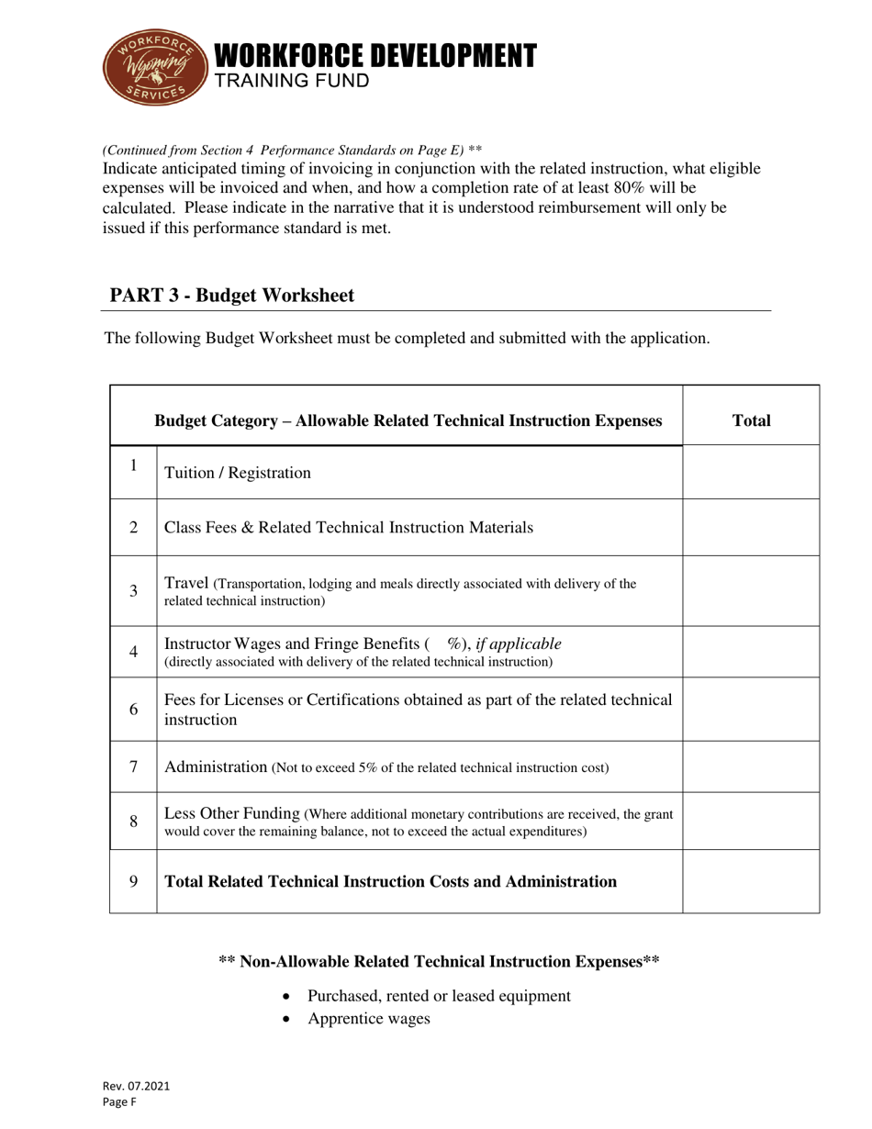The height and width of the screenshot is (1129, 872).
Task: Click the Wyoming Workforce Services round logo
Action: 153,66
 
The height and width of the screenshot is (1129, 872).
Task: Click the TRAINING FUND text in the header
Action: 291,81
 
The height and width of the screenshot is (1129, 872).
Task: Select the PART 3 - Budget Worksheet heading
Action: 231,296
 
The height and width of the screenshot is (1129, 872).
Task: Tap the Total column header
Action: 751,420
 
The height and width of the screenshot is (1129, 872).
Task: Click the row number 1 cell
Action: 133,466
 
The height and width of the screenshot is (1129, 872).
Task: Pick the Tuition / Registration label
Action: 237,473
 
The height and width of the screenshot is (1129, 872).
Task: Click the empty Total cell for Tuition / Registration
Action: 751,472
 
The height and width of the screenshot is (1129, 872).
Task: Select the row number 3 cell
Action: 133,590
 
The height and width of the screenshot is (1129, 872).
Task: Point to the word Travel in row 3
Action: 186,583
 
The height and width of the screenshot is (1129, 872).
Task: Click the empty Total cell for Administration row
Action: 751,766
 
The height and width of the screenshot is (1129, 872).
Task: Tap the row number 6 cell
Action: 133,710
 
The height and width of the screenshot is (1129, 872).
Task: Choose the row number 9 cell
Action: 133,881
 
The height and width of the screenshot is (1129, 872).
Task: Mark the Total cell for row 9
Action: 751,881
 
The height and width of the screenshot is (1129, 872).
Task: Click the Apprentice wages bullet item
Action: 369,1018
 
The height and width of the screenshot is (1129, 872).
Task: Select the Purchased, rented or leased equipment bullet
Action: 439,996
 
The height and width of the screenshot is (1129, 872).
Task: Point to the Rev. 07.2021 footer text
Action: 136,1086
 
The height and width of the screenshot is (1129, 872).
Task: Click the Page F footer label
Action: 119,1102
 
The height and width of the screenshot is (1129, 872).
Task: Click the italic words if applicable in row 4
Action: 519,643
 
